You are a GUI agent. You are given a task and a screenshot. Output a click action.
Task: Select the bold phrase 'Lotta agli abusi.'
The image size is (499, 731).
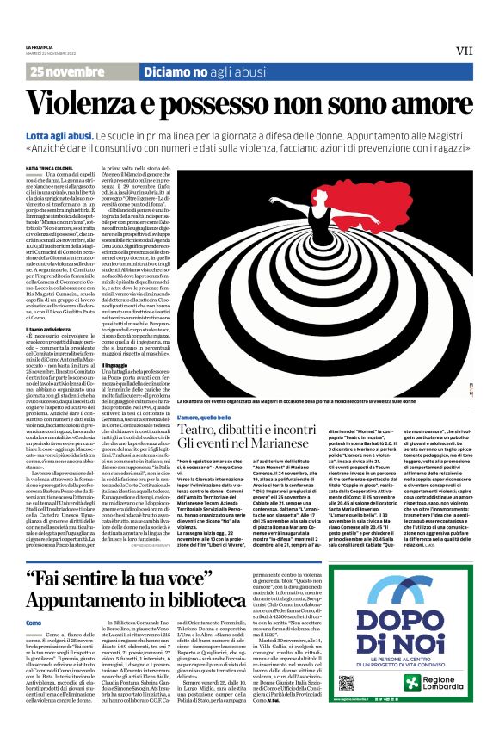click(x=60, y=136)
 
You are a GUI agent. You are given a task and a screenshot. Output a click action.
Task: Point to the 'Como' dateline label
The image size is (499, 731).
click(x=34, y=573)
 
